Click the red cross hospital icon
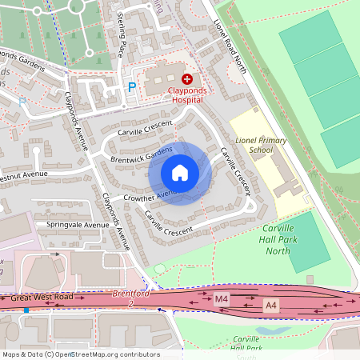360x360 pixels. (x=187, y=78)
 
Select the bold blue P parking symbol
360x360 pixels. (x=132, y=86)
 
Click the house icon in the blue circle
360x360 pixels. (x=180, y=173)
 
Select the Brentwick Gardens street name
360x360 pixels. (x=142, y=155)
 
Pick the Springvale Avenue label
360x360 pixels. (x=77, y=225)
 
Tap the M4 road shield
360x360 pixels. (x=222, y=299)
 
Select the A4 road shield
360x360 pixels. (x=272, y=304)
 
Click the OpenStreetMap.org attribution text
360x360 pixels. (x=115, y=354)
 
